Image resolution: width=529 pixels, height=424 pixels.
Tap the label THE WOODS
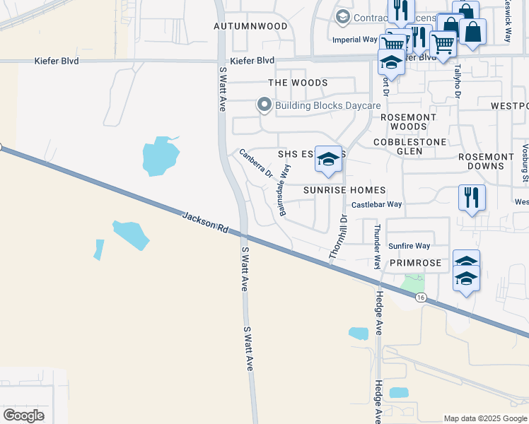(298, 83)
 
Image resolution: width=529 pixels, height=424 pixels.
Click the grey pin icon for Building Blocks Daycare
(264, 106)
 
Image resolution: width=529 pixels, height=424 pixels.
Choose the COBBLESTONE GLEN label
(410, 147)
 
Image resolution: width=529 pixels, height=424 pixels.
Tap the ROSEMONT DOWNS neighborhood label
(486, 161)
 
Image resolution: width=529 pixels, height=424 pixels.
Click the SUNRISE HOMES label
(344, 190)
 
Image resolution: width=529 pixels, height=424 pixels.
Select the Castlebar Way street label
(376, 204)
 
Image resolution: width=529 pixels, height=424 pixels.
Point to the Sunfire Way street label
(409, 246)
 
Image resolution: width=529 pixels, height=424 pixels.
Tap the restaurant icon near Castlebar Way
(471, 197)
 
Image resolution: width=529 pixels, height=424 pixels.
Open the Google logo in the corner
(24, 416)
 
